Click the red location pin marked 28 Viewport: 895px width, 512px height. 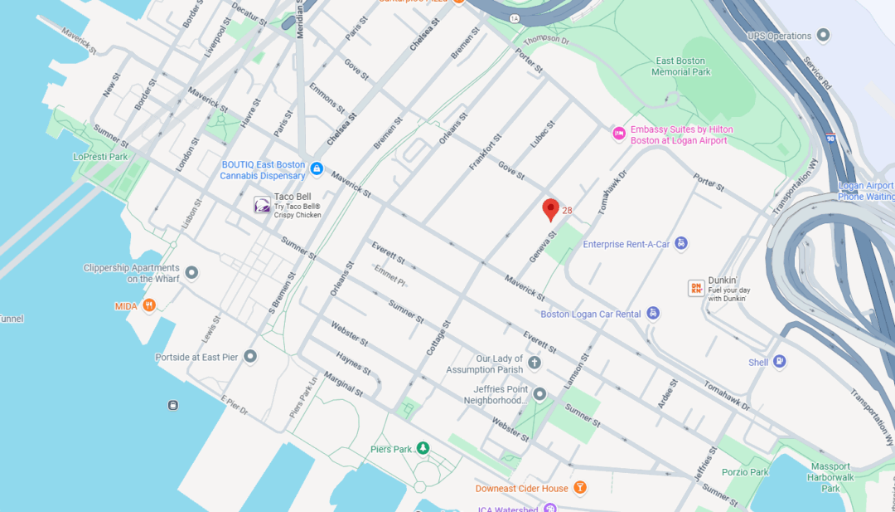point(550,209)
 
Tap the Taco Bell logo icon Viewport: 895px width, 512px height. point(262,205)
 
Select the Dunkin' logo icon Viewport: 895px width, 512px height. point(696,288)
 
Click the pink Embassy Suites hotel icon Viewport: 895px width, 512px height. point(618,134)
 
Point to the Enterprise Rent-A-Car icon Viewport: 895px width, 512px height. point(680,243)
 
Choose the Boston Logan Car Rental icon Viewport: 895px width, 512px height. point(654,313)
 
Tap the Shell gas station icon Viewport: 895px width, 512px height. point(780,362)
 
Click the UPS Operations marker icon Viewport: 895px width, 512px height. point(823,35)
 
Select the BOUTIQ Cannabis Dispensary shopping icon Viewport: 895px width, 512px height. point(316,169)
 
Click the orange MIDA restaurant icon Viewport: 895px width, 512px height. point(149,305)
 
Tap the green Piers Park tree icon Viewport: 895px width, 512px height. point(423,448)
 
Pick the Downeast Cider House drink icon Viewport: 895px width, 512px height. point(580,487)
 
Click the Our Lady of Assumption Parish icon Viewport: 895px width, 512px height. point(535,363)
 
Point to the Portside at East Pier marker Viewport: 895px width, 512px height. point(250,356)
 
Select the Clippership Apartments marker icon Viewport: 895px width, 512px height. point(191,272)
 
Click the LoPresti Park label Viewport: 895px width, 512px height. point(100,156)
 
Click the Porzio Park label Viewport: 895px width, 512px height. point(745,471)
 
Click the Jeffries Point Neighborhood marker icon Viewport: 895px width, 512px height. point(539,394)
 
